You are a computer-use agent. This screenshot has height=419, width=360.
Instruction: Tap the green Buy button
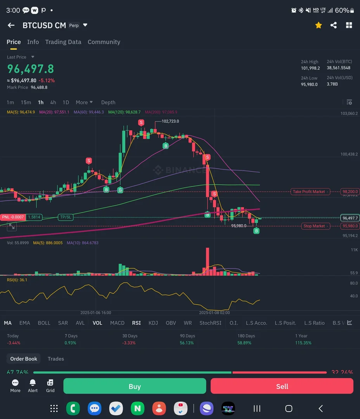point(135,386)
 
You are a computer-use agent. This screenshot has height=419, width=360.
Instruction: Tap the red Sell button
point(282,386)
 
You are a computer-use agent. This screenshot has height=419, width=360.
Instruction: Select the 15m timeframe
point(26,102)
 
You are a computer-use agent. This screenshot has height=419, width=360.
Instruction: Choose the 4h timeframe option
point(53,102)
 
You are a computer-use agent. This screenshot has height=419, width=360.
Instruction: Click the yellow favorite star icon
point(318,25)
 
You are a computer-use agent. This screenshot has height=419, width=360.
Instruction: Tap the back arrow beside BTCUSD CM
point(11,25)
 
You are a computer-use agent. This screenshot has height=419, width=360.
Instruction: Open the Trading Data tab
point(63,42)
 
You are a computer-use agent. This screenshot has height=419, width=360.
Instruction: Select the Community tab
point(104,42)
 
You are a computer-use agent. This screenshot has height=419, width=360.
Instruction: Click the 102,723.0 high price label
point(170,121)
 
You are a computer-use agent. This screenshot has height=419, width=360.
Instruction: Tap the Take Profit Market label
point(309,192)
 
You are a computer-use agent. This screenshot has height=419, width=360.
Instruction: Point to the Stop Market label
point(314,226)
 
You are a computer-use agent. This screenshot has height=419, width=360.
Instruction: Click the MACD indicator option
point(117,323)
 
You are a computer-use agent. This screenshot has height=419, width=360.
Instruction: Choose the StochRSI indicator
point(210,323)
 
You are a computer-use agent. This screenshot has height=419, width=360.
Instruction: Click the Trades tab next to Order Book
point(56,359)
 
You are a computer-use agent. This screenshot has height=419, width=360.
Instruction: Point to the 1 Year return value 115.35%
point(303,343)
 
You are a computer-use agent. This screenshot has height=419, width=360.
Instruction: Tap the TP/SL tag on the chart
point(66,217)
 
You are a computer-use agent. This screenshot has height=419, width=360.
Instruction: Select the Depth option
point(108,102)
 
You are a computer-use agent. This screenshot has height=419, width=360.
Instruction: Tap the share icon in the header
point(334,25)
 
